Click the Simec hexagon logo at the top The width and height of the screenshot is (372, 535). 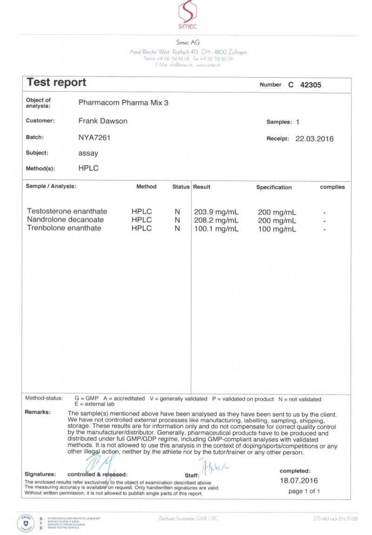(x=188, y=12)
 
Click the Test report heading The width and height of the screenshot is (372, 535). (x=56, y=83)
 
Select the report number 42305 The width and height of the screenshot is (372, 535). (x=311, y=85)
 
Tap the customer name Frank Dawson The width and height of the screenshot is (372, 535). (x=103, y=121)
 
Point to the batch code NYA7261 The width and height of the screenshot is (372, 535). (x=94, y=138)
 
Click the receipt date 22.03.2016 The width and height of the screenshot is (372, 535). (x=314, y=139)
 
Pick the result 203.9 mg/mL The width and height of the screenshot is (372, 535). (x=216, y=212)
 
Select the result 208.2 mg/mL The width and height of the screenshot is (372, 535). (x=216, y=220)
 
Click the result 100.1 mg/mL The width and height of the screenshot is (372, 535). (x=216, y=228)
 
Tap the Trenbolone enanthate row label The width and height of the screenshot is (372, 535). (x=64, y=228)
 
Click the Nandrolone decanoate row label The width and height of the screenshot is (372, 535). (x=66, y=220)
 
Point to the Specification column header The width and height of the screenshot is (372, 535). (x=274, y=187)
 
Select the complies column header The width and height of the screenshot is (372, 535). (x=332, y=187)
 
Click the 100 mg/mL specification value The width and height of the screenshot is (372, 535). (x=277, y=229)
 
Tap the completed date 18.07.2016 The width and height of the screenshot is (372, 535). (x=299, y=481)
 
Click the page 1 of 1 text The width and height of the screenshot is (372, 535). (x=304, y=491)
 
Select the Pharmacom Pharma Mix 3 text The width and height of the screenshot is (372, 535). (x=124, y=103)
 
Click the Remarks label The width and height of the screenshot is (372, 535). (x=38, y=412)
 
